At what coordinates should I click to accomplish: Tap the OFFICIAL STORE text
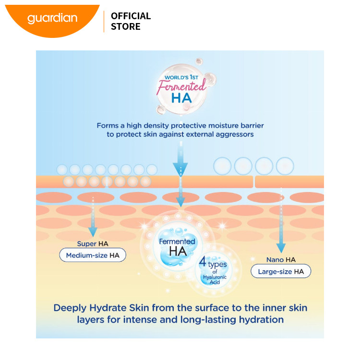(x=131, y=21)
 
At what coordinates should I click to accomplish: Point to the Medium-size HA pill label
(x=93, y=255)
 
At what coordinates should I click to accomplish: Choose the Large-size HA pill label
(x=281, y=272)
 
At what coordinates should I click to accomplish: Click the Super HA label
(x=93, y=244)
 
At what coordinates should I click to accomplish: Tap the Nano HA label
(x=281, y=260)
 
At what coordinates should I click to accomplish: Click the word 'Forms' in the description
(x=108, y=125)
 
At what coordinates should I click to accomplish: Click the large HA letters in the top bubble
(x=181, y=98)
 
